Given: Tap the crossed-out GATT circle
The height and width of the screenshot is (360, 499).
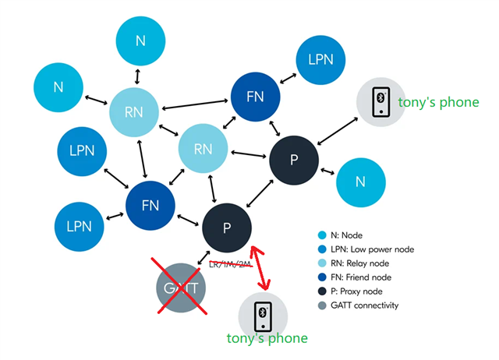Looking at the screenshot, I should [x=181, y=287].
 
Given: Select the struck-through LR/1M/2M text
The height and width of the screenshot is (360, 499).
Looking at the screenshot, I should [x=232, y=265].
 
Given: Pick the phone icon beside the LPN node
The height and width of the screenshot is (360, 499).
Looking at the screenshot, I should [x=380, y=101].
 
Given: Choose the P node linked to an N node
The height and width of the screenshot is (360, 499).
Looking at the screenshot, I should [x=294, y=160].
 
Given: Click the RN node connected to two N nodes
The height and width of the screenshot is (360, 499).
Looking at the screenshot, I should [x=133, y=112].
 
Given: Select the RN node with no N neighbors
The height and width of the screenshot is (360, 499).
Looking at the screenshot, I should [x=203, y=148].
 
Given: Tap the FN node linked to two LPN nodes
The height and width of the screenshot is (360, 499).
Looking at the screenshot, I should [x=150, y=206].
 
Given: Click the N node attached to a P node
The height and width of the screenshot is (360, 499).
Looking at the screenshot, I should [x=360, y=182].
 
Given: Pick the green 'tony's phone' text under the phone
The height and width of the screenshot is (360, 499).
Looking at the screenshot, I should [x=267, y=338].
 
